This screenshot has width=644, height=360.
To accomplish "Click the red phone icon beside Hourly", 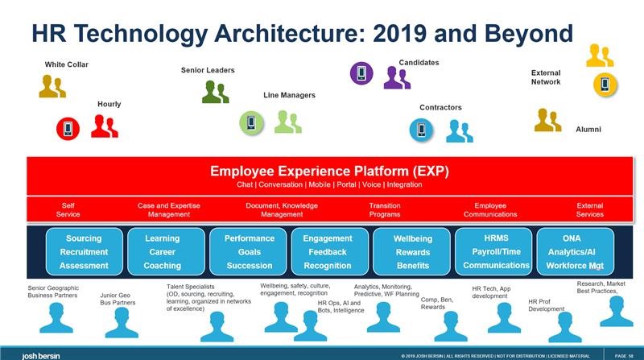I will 68,127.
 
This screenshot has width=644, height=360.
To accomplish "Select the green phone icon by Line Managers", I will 252,122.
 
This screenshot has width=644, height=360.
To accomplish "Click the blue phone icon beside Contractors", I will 421,129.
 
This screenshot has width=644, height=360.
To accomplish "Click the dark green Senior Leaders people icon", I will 216,92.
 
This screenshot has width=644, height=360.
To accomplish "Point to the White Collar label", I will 67,64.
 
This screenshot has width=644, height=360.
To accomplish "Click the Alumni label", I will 588,130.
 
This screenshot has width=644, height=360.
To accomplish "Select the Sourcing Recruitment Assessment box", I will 84,252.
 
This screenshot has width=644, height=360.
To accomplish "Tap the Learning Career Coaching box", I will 162,252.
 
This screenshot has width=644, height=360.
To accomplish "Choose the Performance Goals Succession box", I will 248,252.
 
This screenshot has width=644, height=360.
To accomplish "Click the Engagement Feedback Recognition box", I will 328,252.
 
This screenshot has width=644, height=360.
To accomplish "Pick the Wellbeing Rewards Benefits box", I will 412,252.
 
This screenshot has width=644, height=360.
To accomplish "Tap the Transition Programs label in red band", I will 385,210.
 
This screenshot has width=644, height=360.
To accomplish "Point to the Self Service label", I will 68,210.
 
